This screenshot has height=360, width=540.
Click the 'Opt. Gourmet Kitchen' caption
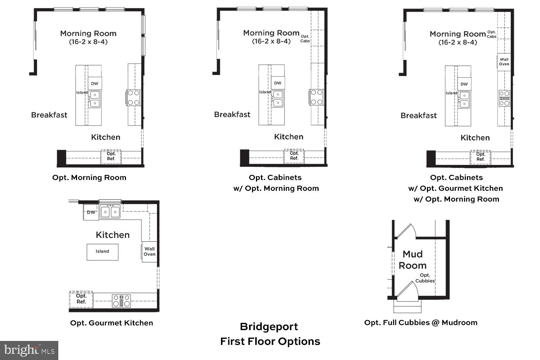(112, 323)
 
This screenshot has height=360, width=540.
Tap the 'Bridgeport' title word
(269, 327)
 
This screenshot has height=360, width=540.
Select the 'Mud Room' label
(413, 260)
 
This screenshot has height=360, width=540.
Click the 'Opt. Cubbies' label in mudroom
(425, 278)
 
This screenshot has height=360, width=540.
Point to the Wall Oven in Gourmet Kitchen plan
(149, 251)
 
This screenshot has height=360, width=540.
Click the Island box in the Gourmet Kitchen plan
(102, 252)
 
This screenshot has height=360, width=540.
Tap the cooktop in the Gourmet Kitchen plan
(121, 301)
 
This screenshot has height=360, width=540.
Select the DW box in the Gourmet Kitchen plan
(91, 212)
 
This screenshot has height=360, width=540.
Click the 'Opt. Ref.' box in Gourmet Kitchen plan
(81, 299)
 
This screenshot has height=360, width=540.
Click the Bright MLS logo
(29, 350)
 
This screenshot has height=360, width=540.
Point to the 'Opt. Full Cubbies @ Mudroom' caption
(420, 323)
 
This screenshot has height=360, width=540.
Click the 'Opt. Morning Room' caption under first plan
(89, 177)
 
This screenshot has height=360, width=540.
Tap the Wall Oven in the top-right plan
(504, 62)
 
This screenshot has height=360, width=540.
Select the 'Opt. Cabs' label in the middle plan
(305, 39)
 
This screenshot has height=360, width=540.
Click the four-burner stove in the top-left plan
(134, 98)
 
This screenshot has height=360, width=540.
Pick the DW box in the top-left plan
(95, 84)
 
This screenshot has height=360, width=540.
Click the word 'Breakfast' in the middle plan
(232, 114)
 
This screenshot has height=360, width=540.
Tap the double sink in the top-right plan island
(464, 100)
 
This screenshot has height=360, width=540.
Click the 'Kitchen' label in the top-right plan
(475, 138)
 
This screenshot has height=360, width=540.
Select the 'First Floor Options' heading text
(270, 341)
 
